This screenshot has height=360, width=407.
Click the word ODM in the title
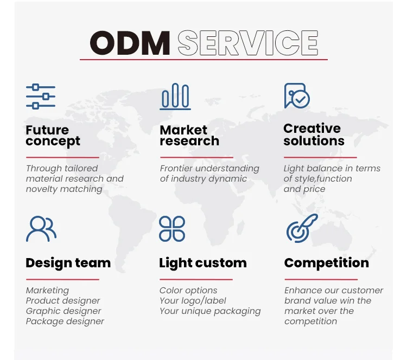pyautogui.click(x=130, y=43)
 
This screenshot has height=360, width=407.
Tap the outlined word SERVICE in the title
pyautogui.click(x=247, y=43)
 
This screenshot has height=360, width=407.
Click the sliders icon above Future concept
pyautogui.click(x=41, y=97)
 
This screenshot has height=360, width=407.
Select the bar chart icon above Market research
pyautogui.click(x=175, y=97)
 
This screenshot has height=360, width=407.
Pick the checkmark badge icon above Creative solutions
pyautogui.click(x=297, y=96)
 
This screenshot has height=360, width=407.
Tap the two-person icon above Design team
pyautogui.click(x=41, y=229)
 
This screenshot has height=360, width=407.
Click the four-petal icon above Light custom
pyautogui.click(x=172, y=229)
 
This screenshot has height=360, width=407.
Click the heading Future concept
pyautogui.click(x=53, y=136)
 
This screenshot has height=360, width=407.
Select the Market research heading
pyautogui.click(x=189, y=136)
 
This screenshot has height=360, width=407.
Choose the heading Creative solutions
pyautogui.click(x=314, y=134)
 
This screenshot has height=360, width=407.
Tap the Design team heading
pyautogui.click(x=68, y=263)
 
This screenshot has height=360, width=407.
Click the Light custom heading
pyautogui.click(x=202, y=263)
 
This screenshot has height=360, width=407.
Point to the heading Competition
pyautogui.click(x=326, y=263)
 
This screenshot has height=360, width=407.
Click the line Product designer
pyautogui.click(x=63, y=301)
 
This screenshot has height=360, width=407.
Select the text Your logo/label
pyautogui.click(x=193, y=301)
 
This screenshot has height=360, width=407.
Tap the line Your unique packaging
pyautogui.click(x=210, y=311)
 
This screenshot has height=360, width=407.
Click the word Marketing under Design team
pyautogui.click(x=47, y=291)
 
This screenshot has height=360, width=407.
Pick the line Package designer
pyautogui.click(x=65, y=322)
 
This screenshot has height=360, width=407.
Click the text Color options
pyautogui.click(x=188, y=291)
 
